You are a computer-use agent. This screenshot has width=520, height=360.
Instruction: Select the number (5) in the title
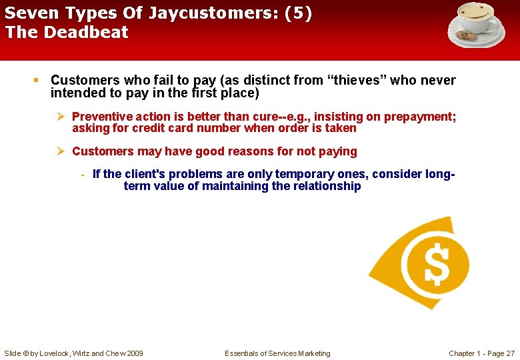[x=298, y=13]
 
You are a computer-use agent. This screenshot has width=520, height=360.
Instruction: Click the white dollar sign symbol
[x=437, y=263]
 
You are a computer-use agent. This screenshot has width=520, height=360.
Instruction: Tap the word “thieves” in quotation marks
[x=357, y=81]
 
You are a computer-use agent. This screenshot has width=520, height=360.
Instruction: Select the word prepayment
[x=417, y=117]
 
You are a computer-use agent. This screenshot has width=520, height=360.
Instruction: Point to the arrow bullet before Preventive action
[x=61, y=117]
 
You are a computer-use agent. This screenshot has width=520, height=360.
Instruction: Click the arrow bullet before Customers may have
[x=61, y=151]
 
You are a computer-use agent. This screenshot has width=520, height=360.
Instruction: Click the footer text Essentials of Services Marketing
[x=277, y=353]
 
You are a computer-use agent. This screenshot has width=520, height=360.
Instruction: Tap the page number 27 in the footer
[x=510, y=353]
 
